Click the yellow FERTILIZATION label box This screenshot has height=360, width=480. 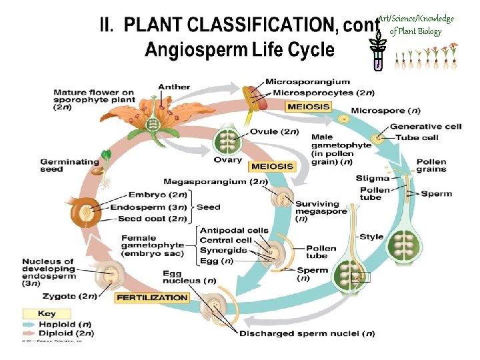[x=151, y=298]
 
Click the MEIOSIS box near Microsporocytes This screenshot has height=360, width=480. [x=309, y=106]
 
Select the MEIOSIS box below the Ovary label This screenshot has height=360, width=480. [x=271, y=166]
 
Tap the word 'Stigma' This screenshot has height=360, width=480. [x=369, y=178]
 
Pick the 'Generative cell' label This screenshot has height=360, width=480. [x=417, y=127]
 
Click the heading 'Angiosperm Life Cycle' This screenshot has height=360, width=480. [x=239, y=50]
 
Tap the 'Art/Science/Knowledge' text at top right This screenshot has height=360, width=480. [x=416, y=19]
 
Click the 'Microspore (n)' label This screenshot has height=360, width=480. [x=385, y=110]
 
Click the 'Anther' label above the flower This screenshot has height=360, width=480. [x=174, y=87]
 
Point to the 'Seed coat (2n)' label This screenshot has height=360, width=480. [x=149, y=217]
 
